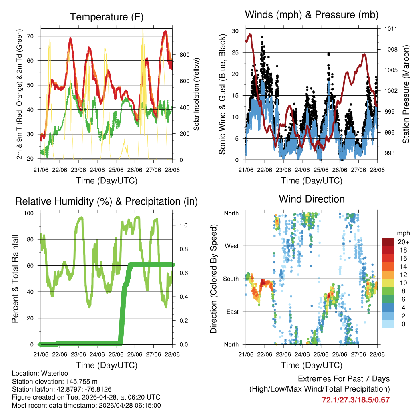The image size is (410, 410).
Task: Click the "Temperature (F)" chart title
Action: tap(107, 17)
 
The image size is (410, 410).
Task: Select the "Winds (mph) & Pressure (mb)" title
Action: tap(312, 15)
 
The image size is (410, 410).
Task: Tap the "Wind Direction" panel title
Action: tap(312, 199)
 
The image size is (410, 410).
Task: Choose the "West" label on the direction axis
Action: tap(232, 246)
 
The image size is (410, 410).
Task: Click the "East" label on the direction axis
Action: tap(232, 312)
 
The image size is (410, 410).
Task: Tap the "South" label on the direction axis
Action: tap(231, 279)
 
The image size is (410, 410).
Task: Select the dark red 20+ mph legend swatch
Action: tap(387, 241)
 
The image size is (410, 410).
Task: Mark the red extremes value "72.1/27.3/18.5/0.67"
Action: tap(356, 400)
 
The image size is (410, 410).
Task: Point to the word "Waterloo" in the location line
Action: tap(53, 373)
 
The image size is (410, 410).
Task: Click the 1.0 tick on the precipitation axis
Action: tap(182, 225)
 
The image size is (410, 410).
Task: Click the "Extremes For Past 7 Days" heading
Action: tap(344, 379)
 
